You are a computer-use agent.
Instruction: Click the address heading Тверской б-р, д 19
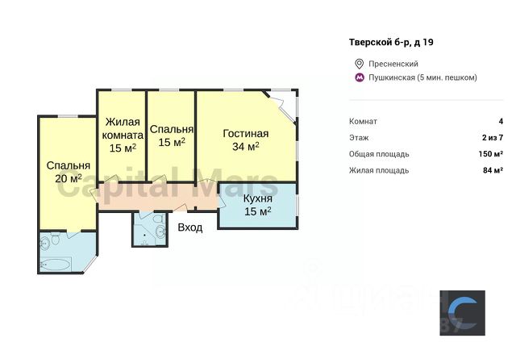(x=391, y=43)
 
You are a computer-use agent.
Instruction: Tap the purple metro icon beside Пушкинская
(x=359, y=77)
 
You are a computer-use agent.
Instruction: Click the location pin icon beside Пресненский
(x=359, y=64)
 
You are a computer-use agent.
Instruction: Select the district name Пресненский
(x=393, y=64)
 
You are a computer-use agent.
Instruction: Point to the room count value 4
(x=501, y=121)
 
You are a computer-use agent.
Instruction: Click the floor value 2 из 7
(x=493, y=138)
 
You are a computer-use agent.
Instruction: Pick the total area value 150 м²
(x=491, y=154)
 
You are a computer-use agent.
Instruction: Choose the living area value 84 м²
(x=493, y=170)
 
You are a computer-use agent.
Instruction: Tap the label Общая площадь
(x=379, y=154)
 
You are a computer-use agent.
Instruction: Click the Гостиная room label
(x=245, y=133)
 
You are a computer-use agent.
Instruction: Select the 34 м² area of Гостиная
(x=245, y=146)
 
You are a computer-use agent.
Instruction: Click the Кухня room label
(x=258, y=198)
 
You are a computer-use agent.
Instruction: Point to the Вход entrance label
(x=190, y=227)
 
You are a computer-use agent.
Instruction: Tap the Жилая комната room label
(x=123, y=128)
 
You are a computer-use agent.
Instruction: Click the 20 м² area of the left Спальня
(x=68, y=178)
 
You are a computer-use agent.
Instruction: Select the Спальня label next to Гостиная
(x=172, y=129)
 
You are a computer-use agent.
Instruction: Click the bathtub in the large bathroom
(x=55, y=264)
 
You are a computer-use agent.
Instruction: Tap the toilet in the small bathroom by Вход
(x=159, y=219)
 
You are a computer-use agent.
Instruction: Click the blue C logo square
(x=462, y=313)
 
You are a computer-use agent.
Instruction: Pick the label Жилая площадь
(x=379, y=171)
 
